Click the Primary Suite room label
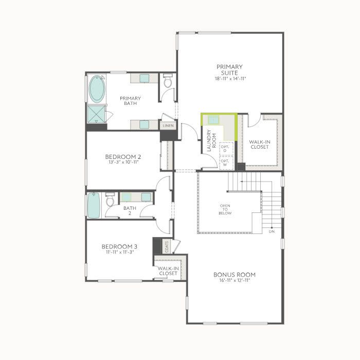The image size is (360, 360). coord(229,70)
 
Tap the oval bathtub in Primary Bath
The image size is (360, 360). coord(97,89)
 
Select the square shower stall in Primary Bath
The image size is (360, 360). coord(96,115)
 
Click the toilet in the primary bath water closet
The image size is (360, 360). coord(168,81)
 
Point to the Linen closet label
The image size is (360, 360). coord(168,126)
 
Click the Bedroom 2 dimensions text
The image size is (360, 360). coord(123,162)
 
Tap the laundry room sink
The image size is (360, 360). coord(213,120)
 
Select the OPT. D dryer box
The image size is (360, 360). coord(226,149)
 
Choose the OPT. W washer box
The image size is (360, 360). coord(226,163)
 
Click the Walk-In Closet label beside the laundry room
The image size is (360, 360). coord(260,145)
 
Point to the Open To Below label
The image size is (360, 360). coord(225,209)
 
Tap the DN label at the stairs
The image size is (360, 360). coord(272,231)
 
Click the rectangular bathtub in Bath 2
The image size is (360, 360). coord(94,205)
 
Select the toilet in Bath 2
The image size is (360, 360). coord(110,200)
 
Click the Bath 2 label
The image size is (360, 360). coord(130,210)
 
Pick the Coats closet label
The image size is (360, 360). coord(167,246)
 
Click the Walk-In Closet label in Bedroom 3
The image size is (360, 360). coord(168,271)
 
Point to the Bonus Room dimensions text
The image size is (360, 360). coord(235,280)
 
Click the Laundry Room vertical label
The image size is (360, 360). coord(211,140)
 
